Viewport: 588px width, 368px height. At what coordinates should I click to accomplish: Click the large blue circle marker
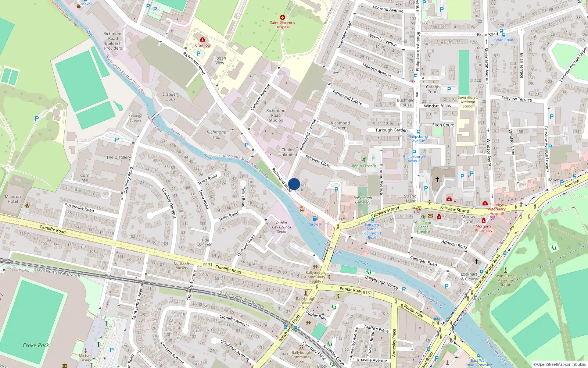pyautogui.click(x=294, y=184)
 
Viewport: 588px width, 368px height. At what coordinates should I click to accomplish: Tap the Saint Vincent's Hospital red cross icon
pyautogui.click(x=282, y=17)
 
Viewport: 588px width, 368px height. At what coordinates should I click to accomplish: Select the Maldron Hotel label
pyautogui.click(x=13, y=199)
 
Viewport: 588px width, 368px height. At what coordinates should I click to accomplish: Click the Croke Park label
pyautogui.click(x=36, y=345)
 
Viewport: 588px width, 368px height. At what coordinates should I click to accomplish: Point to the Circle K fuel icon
pyautogui.click(x=315, y=219)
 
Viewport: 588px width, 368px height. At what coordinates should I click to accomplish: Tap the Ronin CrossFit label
pyautogui.click(x=364, y=166)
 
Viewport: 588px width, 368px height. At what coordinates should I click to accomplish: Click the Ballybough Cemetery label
pyautogui.click(x=362, y=200)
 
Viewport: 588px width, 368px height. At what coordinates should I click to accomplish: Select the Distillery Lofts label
pyautogui.click(x=171, y=97)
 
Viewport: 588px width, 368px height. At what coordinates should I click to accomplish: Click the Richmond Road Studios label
pyautogui.click(x=276, y=115)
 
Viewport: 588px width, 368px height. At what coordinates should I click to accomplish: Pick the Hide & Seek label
pyautogui.click(x=205, y=243)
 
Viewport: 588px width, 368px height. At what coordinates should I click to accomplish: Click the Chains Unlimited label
pyautogui.click(x=288, y=152)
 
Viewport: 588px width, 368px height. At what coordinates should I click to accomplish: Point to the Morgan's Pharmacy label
pyautogui.click(x=484, y=229)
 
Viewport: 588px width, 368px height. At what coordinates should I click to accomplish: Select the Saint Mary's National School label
pyautogui.click(x=468, y=102)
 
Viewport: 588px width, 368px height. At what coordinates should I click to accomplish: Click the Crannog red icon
pyautogui.click(x=202, y=40)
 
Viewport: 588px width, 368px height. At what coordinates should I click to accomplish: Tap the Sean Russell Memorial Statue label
pyautogui.click(x=505, y=280)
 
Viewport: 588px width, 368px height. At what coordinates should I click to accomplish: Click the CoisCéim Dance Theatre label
pyautogui.click(x=423, y=227)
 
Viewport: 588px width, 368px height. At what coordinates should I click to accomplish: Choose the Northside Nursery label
pyautogui.click(x=182, y=266)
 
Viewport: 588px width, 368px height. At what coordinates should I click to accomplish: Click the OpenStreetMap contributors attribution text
pyautogui.click(x=560, y=364)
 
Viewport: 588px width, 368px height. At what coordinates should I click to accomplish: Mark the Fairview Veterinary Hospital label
pyautogui.click(x=496, y=209)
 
